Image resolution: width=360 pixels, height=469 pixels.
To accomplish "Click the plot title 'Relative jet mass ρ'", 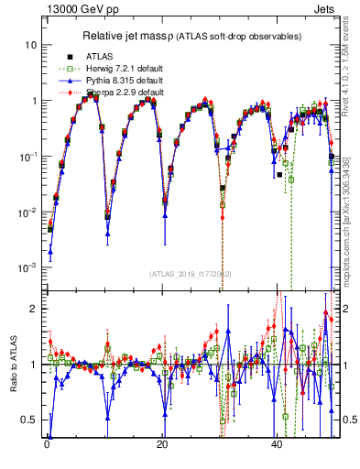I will coord(136,37).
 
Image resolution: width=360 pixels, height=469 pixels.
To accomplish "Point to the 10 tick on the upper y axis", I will coord(31,45).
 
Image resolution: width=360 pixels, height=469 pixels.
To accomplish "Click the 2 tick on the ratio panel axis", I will coord(33,309).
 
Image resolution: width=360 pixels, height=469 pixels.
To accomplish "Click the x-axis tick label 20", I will coord(161,443).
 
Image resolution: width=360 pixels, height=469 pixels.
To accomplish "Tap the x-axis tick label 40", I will coord(277,443).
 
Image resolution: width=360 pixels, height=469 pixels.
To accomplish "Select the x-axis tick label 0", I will coord(46,443).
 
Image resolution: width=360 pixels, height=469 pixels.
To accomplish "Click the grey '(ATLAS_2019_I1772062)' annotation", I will coord(191,274).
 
